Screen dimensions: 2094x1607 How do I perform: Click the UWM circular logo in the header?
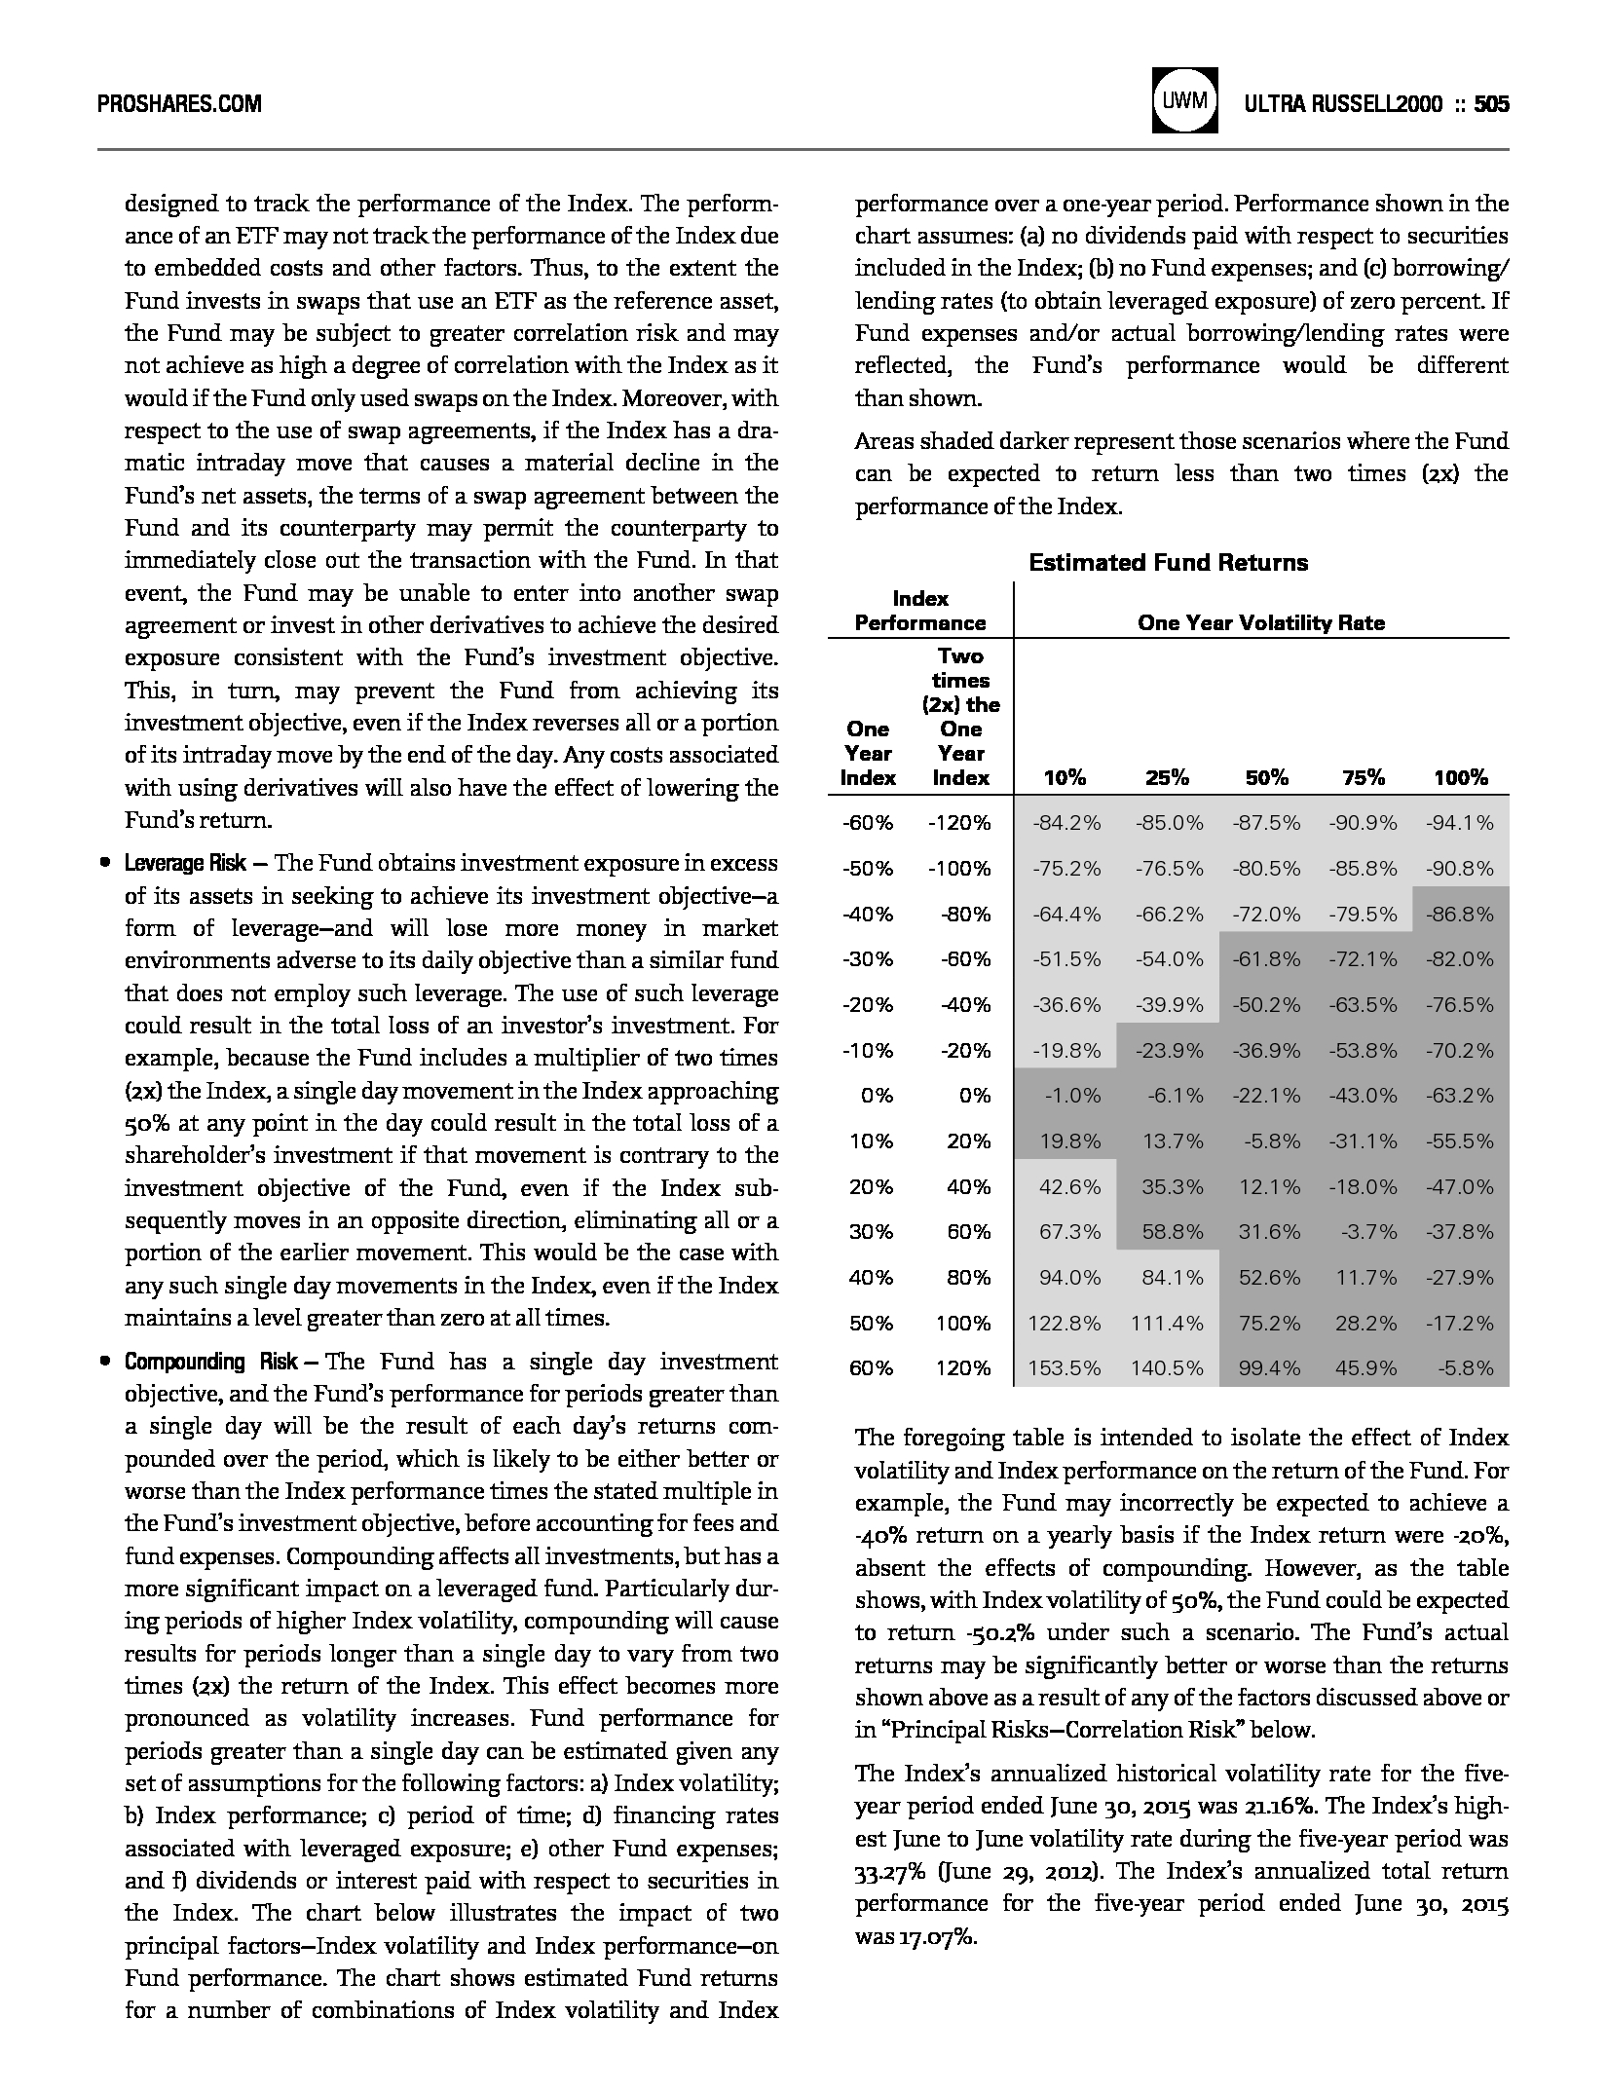[1183, 100]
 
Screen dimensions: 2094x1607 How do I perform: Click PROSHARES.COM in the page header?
[180, 103]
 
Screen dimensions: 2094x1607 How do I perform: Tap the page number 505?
[1490, 103]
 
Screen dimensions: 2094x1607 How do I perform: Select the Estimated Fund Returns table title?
[1168, 563]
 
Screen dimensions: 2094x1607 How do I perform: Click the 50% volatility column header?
[1266, 777]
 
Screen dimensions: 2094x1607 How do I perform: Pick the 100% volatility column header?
[1460, 777]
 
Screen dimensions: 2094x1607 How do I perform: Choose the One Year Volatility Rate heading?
[1260, 622]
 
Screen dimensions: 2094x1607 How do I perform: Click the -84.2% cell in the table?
[1066, 823]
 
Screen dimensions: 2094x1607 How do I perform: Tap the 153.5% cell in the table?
[1064, 1368]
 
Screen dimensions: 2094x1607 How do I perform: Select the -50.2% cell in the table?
[1266, 1005]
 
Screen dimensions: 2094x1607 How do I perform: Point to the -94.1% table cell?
[1460, 823]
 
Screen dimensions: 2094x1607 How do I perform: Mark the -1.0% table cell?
[1072, 1096]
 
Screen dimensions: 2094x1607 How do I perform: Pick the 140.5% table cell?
[1167, 1368]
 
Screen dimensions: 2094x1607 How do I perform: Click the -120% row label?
[959, 823]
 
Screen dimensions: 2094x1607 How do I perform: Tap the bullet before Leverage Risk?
[103, 864]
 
